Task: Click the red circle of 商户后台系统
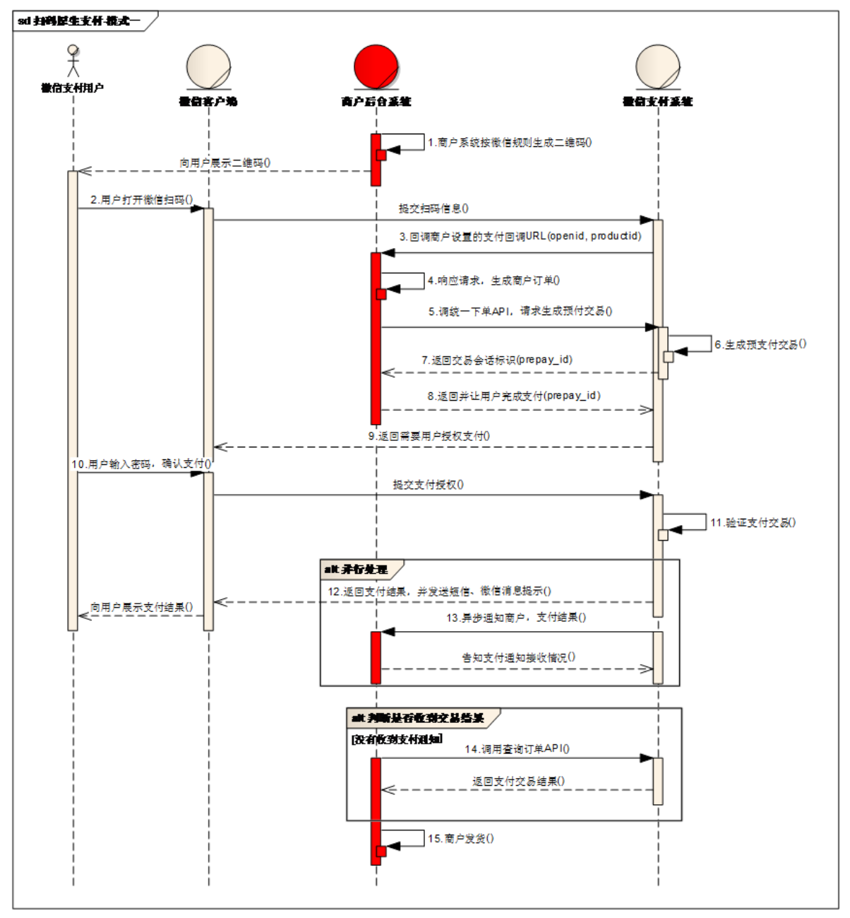[x=376, y=67]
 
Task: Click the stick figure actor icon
[x=73, y=61]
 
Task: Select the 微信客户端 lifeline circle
[x=208, y=67]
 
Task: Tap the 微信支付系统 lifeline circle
[x=657, y=67]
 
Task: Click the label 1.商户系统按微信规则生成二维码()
[x=510, y=143]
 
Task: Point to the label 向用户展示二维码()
[x=225, y=163]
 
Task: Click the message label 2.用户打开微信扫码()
[x=141, y=200]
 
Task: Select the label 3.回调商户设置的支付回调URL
[x=520, y=236]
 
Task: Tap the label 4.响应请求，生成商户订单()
[x=493, y=281]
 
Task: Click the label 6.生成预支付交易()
[x=760, y=345]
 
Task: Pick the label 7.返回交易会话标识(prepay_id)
[x=497, y=360]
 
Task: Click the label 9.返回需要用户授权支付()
[x=429, y=436]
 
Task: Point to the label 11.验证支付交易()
[x=753, y=523]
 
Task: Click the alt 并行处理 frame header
[x=357, y=569]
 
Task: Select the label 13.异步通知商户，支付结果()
[x=516, y=618]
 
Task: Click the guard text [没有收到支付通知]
[x=397, y=739]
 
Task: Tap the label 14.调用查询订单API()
[x=517, y=749]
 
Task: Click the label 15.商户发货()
[x=460, y=839]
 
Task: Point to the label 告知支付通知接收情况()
[x=519, y=657]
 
